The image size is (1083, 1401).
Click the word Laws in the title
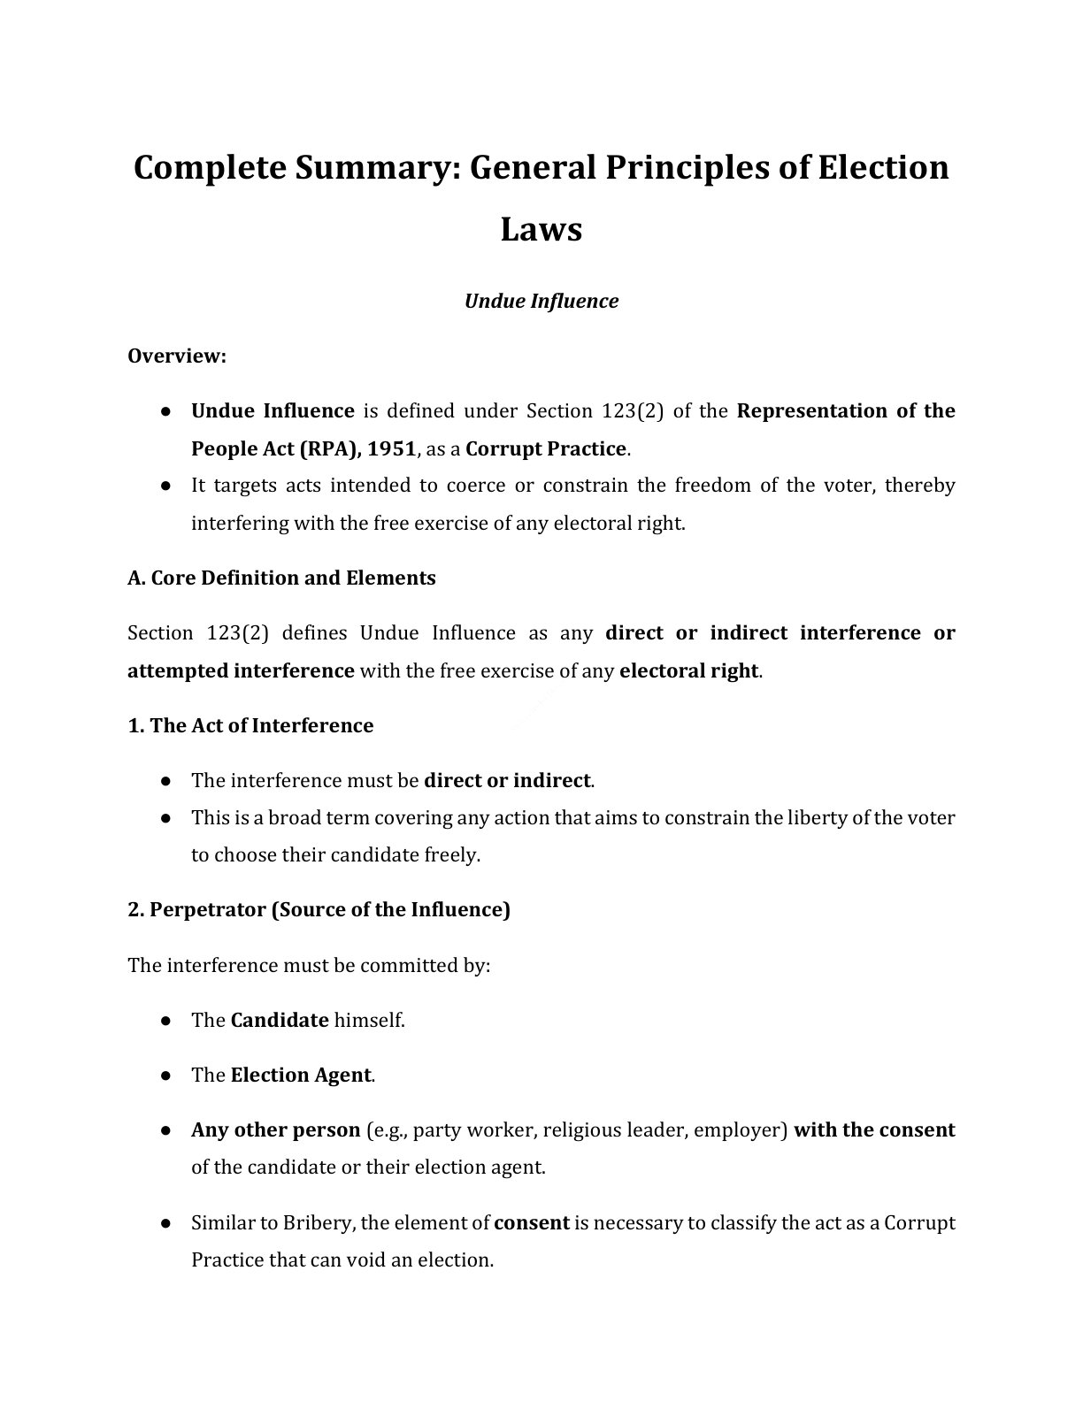541,229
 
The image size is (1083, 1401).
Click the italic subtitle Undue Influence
541,301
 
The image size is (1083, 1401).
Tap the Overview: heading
177,356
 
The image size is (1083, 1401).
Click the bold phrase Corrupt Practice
546,448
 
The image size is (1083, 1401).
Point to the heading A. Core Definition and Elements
281,578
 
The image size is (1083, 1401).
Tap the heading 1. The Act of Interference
250,725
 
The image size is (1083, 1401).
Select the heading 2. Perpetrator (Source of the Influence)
319,909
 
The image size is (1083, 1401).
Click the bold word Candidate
280,1020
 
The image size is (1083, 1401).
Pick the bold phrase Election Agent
301,1075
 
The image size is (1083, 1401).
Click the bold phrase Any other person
275,1129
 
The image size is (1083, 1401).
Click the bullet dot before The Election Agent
165,1076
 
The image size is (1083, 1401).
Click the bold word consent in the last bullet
531,1222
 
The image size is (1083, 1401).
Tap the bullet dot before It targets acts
165,486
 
